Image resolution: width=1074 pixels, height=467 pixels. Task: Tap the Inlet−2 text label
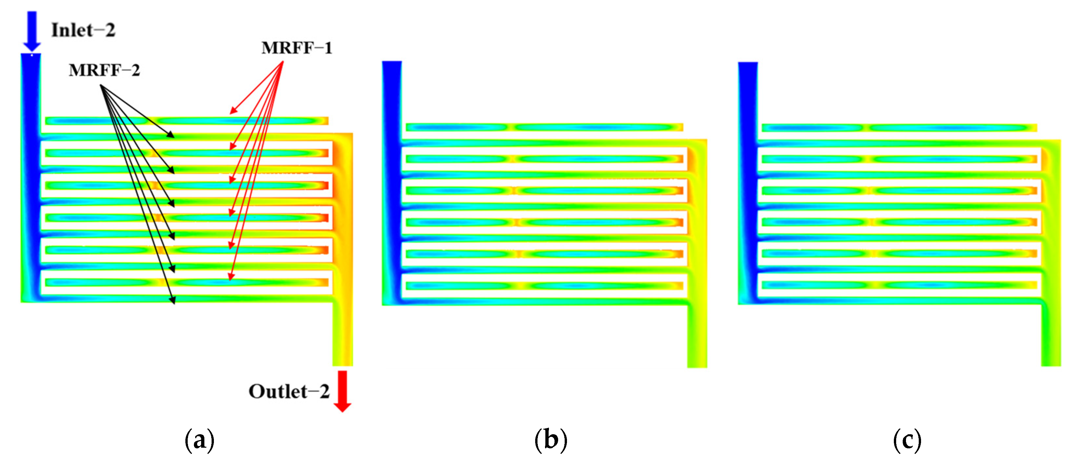84,30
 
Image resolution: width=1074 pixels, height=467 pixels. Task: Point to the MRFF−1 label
297,48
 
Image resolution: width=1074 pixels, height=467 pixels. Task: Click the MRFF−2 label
104,70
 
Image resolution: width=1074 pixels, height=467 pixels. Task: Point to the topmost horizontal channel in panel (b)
544,127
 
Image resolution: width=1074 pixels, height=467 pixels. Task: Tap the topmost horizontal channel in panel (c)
899,128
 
